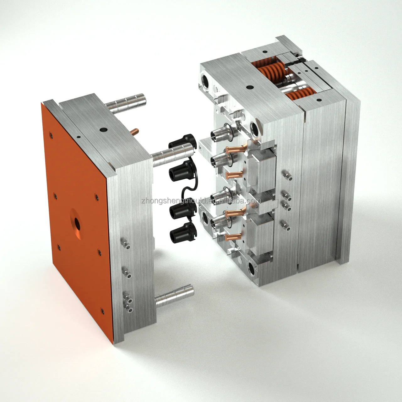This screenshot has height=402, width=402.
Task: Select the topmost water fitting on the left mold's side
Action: coord(125,242)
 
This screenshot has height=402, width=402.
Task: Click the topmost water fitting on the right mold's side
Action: coord(285,173)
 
